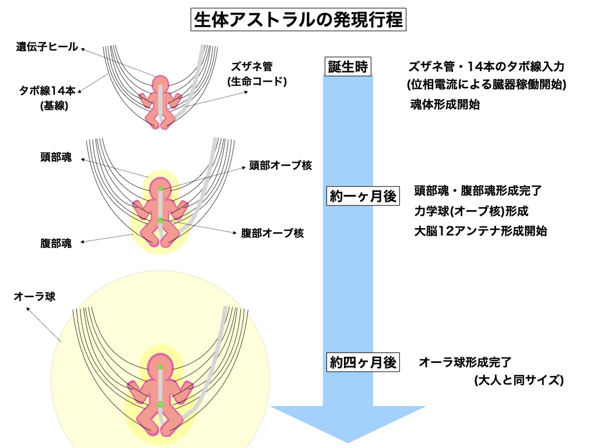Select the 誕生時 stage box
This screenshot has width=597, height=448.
pyautogui.click(x=349, y=66)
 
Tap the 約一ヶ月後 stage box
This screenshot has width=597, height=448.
pyautogui.click(x=363, y=197)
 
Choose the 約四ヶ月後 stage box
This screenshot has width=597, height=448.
pyautogui.click(x=363, y=363)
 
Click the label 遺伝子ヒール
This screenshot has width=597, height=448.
pyautogui.click(x=47, y=47)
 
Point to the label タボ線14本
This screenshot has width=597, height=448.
pyautogui.click(x=47, y=90)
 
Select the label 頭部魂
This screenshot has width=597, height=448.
pyautogui.click(x=57, y=157)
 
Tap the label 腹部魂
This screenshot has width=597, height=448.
pyautogui.click(x=57, y=244)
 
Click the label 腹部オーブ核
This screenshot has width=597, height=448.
pyautogui.click(x=272, y=233)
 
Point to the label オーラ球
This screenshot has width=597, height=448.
pyautogui.click(x=34, y=296)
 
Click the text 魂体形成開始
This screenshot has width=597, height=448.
pyautogui.click(x=445, y=106)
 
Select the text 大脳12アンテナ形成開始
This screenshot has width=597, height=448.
pyautogui.click(x=480, y=230)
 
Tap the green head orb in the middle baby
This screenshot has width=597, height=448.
pyautogui.click(x=160, y=189)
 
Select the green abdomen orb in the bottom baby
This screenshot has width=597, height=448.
pyautogui.click(x=160, y=404)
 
